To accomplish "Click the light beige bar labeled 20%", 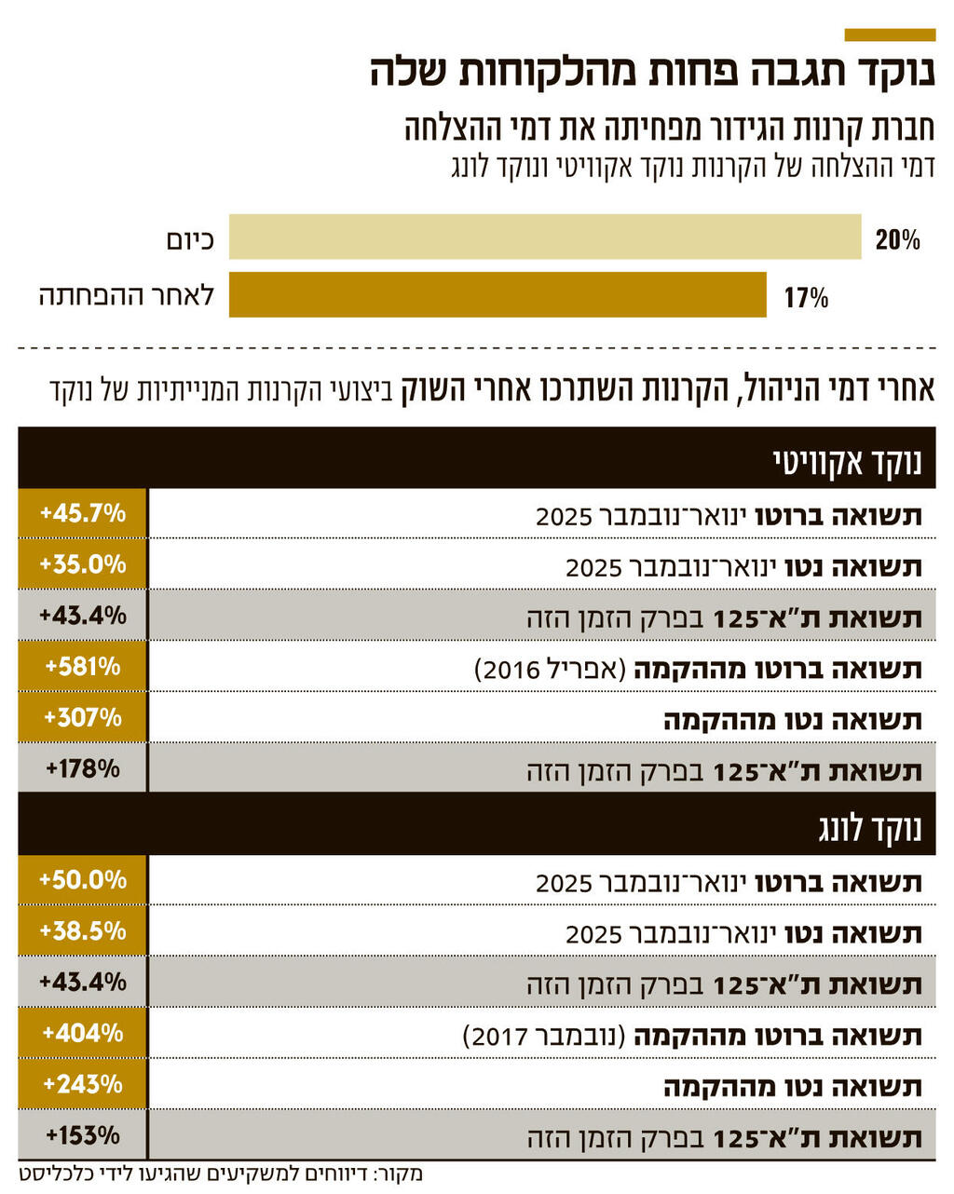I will [x=545, y=237].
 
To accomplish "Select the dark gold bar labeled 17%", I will [x=497, y=294].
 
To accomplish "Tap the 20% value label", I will [x=897, y=240].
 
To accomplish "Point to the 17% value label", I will [x=806, y=298].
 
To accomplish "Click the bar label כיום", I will [x=190, y=240].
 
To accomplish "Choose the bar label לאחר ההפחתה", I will [x=127, y=296].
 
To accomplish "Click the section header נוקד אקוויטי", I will [x=847, y=463].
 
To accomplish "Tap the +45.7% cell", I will [x=82, y=513].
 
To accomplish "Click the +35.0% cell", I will [x=82, y=564].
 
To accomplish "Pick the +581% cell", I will [x=82, y=667].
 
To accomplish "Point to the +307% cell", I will [x=82, y=717].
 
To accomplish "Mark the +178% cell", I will [x=82, y=768].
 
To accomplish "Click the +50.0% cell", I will [x=82, y=880].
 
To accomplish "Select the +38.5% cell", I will [x=82, y=930].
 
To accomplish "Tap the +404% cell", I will [x=82, y=1033].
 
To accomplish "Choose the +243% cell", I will [x=82, y=1084].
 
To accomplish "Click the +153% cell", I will [x=82, y=1135].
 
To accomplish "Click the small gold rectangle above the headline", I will [x=889, y=34].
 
